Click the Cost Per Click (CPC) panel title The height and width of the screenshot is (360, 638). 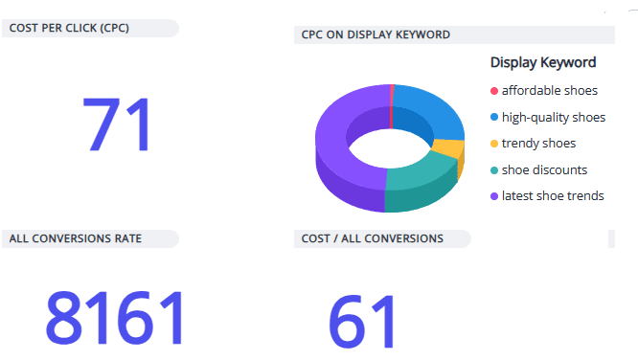pos(69,28)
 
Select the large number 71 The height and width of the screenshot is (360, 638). pos(117,125)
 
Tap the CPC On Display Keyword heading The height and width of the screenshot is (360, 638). pos(376,35)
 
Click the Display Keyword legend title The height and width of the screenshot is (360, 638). pos(543,62)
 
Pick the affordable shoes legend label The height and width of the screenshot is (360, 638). pos(549,91)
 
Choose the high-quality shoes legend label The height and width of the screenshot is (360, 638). pos(553,118)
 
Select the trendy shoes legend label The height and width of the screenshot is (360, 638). pos(538,144)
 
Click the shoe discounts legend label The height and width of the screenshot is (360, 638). pos(544,169)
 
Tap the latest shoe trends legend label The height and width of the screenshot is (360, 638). pos(553,195)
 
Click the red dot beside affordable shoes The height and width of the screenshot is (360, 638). pos(494,91)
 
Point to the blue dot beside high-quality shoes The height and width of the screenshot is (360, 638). pos(494,118)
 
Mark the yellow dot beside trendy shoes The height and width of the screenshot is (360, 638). pos(494,144)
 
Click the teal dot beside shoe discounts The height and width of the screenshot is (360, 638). pos(494,170)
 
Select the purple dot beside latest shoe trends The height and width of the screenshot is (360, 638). pos(494,196)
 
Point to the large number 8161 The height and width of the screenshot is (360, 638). pos(114,319)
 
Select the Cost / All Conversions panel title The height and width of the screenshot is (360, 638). pos(372,238)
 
